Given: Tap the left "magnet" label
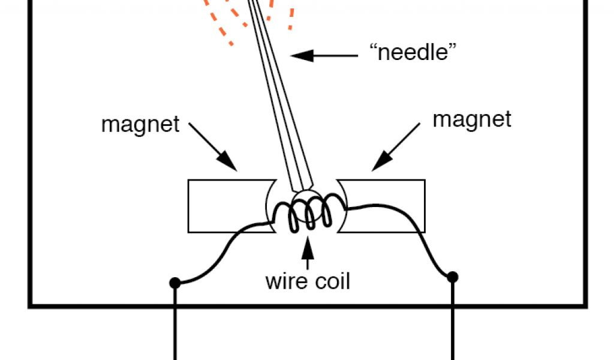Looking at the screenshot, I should coord(140,125).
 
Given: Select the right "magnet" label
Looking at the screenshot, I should coord(472,119).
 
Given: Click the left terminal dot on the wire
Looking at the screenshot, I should coord(175,282).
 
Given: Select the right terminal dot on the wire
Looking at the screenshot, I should coord(453,277).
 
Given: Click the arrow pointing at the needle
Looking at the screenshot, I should coord(324,56).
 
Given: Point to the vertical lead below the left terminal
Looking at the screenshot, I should coord(175,324).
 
